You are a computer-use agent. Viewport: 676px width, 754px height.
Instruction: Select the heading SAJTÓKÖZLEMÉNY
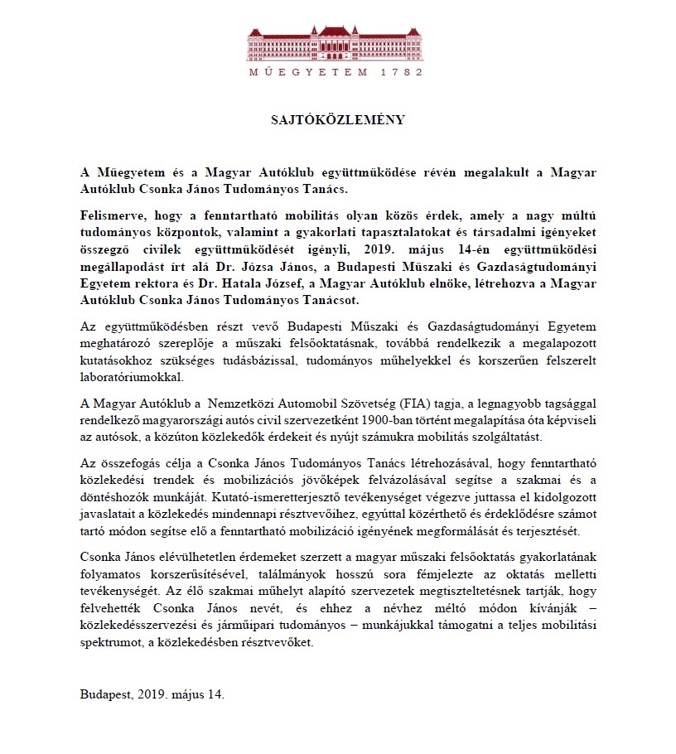point(338,119)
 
